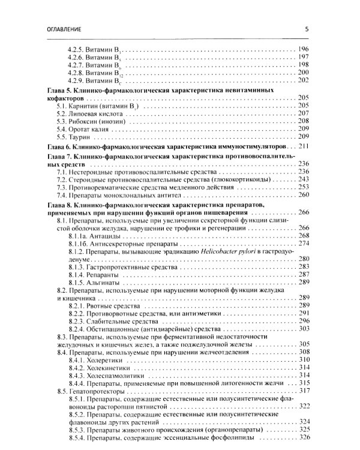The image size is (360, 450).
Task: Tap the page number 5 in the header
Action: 307,28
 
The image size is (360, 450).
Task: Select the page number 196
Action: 302,48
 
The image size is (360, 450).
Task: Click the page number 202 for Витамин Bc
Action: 302,80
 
